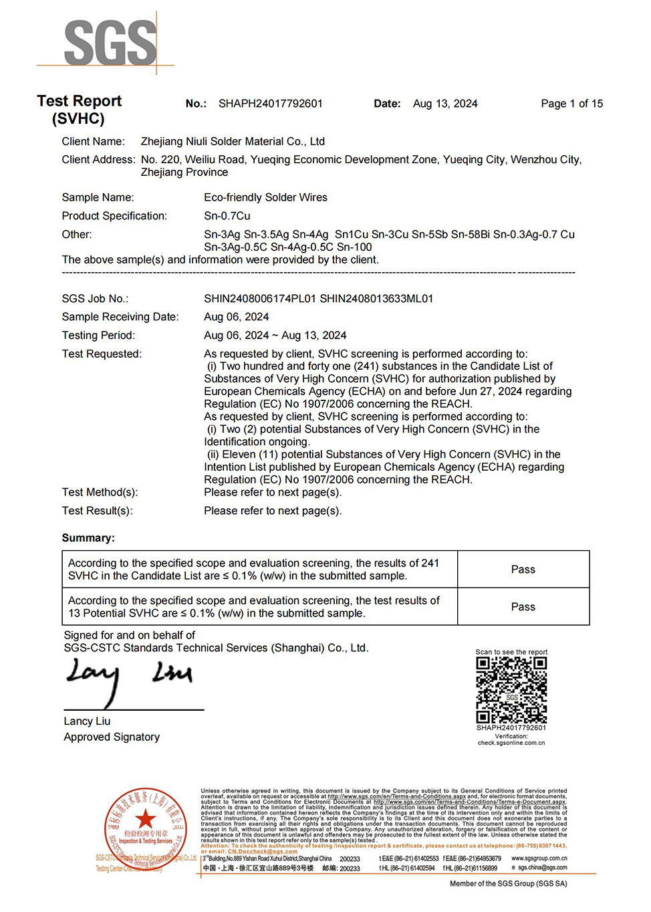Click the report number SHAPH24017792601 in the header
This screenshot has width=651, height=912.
(x=270, y=104)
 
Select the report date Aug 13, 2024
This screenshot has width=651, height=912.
(x=445, y=104)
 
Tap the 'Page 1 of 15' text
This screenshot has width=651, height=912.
(x=571, y=104)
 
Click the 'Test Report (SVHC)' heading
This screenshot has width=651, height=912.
(x=79, y=110)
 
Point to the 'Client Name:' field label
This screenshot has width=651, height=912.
(x=93, y=142)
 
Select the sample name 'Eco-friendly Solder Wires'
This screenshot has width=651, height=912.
(x=265, y=198)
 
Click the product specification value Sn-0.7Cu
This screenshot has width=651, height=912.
(x=227, y=216)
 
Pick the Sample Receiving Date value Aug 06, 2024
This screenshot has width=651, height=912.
(x=236, y=317)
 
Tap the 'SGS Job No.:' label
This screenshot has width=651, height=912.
(x=95, y=299)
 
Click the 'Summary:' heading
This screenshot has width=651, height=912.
(x=88, y=538)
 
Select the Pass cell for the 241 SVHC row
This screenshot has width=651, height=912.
(x=523, y=570)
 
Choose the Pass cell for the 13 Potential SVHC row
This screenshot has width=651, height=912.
(x=523, y=607)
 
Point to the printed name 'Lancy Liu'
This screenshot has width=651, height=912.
(x=87, y=721)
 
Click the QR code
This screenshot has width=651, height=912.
(x=511, y=689)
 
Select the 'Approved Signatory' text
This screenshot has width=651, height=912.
(x=112, y=737)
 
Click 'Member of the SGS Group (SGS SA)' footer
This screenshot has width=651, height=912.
(x=508, y=884)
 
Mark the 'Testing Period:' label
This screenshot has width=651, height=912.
(x=98, y=336)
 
